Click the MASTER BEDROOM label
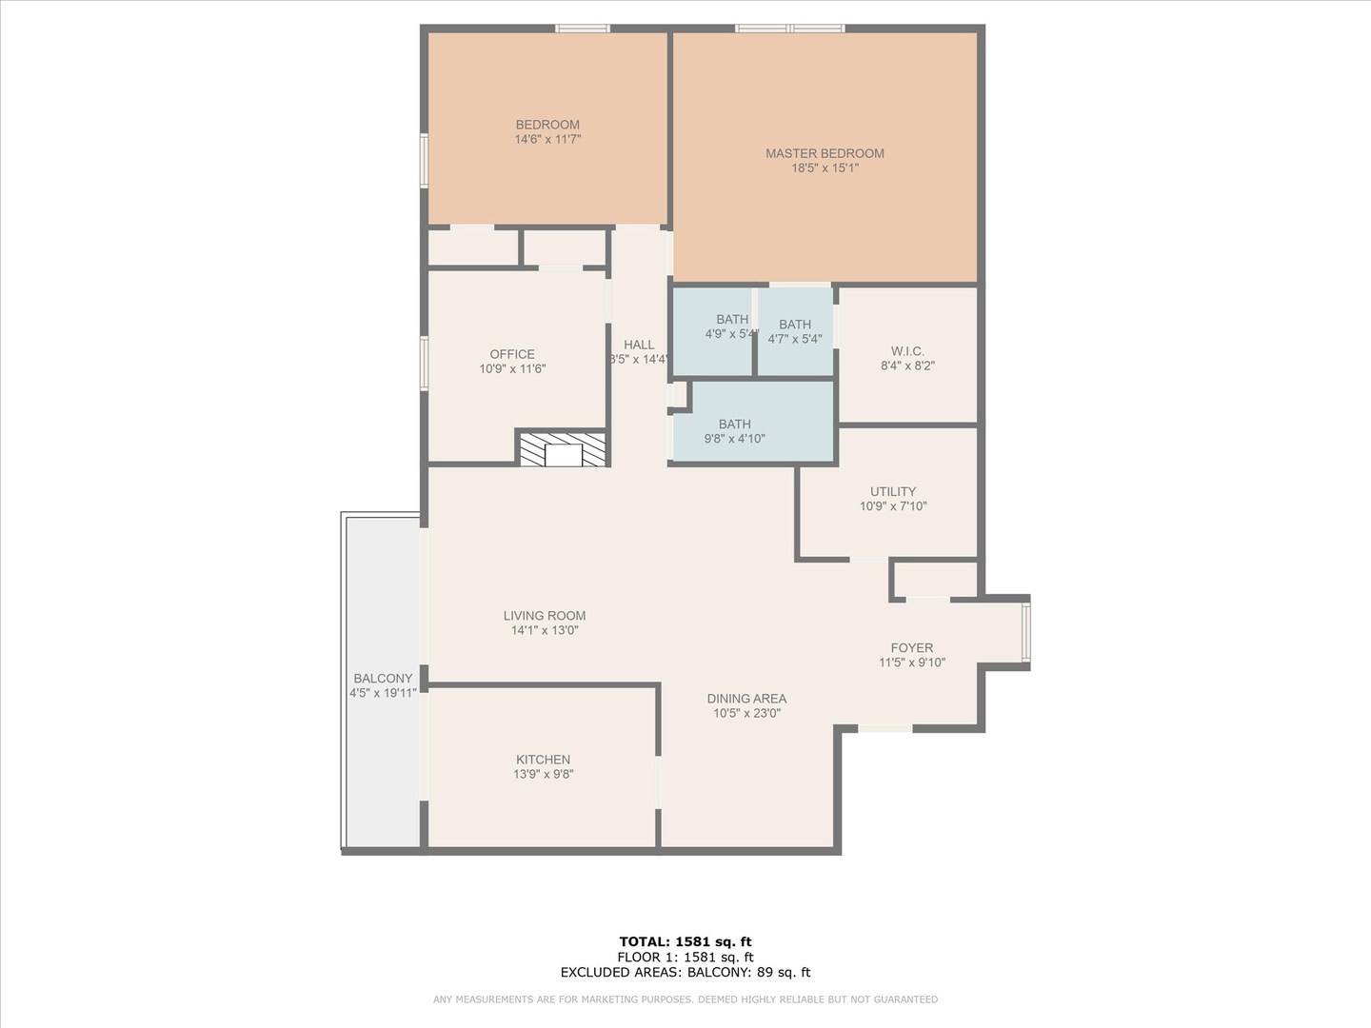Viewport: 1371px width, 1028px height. point(825,153)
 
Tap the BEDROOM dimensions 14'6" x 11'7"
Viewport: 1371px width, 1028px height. point(547,139)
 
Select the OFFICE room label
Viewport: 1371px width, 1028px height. point(512,354)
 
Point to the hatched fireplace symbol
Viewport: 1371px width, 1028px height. point(563,449)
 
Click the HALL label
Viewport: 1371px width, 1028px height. point(639,346)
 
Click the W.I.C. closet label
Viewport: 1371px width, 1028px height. point(907,351)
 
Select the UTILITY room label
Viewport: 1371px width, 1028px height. point(893,492)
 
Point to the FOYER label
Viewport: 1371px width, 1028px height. point(912,648)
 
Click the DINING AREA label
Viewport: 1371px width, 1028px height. point(747,699)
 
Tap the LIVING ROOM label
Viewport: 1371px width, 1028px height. point(545,616)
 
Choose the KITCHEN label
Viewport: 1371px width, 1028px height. point(543,760)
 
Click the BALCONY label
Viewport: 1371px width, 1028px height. point(383,679)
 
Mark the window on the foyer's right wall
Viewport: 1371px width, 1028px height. point(1025,632)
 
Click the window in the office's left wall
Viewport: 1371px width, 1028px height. point(424,364)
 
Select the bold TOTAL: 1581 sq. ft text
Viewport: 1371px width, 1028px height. point(685,942)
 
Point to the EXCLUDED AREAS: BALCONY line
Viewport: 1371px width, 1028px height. point(685,972)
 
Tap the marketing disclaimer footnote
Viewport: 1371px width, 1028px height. point(685,999)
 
